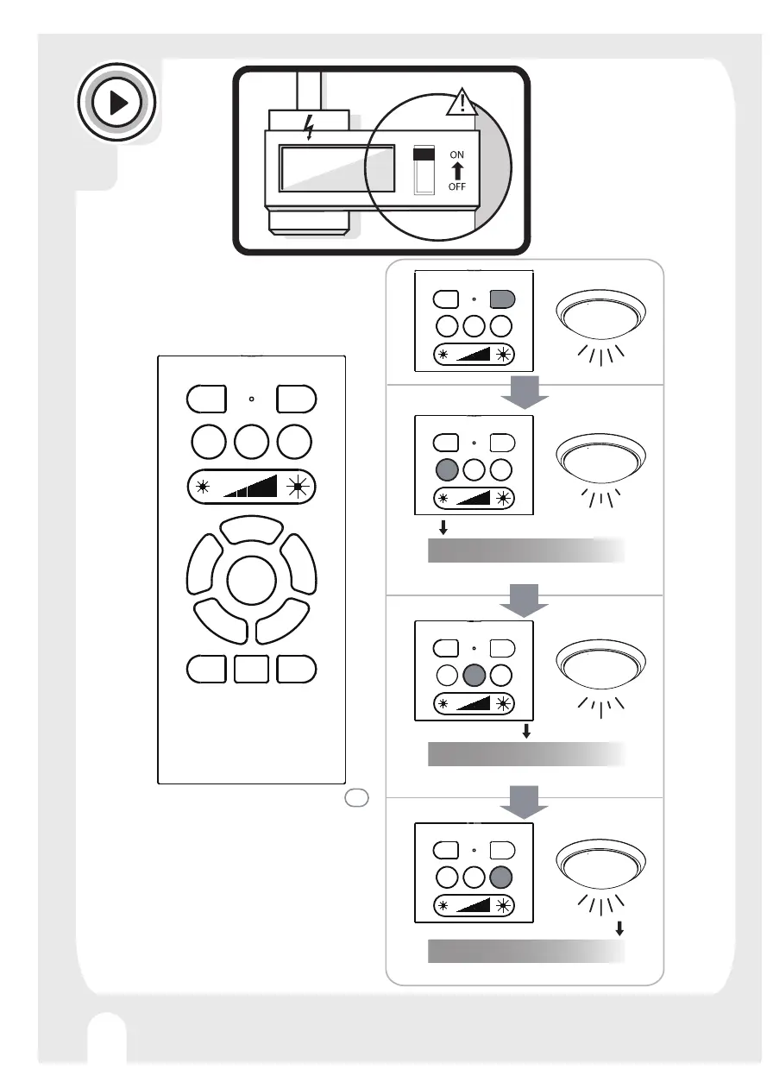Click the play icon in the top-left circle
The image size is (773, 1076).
[117, 103]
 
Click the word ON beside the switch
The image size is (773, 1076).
[457, 154]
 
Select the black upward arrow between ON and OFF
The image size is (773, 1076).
[457, 170]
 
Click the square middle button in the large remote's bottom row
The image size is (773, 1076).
[251, 669]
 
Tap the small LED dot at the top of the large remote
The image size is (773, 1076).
[251, 400]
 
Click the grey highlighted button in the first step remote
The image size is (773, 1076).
[502, 299]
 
